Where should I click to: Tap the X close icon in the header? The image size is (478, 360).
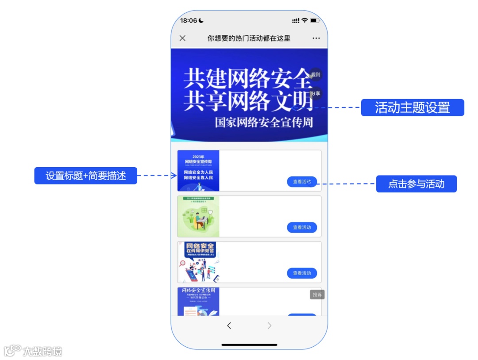(182, 38)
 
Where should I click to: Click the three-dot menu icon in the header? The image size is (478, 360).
(316, 38)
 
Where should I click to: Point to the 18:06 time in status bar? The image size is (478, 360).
(189, 20)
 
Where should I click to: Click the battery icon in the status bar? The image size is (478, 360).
(315, 20)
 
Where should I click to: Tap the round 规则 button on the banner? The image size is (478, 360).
(316, 75)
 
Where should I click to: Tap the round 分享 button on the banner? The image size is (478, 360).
(316, 94)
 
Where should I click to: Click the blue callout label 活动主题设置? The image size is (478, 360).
(412, 107)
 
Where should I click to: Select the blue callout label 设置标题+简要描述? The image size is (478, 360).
(86, 176)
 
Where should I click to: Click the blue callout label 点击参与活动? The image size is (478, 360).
(416, 184)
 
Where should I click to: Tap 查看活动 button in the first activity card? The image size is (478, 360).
(302, 182)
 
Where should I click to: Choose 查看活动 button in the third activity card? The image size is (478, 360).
(302, 273)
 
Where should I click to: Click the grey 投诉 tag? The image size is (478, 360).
(317, 295)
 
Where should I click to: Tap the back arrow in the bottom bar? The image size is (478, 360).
(229, 326)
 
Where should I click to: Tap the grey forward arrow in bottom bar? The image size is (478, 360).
(269, 326)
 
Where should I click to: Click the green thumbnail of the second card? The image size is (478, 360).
(198, 217)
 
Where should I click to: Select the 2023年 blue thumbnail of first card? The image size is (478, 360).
(198, 171)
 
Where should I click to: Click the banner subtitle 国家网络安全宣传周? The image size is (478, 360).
(264, 122)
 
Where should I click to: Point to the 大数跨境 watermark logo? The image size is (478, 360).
(33, 351)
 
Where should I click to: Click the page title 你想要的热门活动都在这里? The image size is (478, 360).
(249, 38)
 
